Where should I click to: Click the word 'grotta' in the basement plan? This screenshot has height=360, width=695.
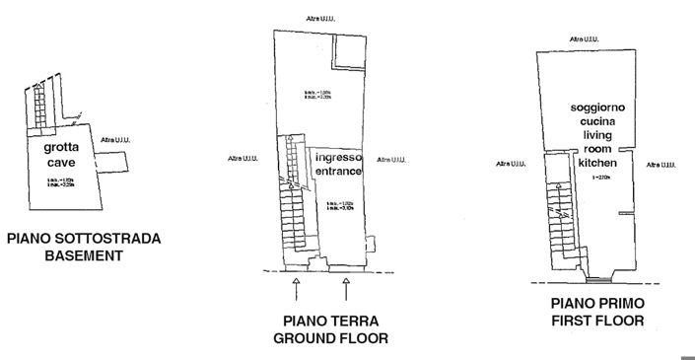(61, 149)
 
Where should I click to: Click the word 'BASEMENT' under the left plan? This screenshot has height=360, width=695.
(83, 255)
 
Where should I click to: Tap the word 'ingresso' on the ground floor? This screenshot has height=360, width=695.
(338, 158)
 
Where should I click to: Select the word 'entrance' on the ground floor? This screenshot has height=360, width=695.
(338, 172)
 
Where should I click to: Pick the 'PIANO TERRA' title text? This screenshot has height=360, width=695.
(329, 322)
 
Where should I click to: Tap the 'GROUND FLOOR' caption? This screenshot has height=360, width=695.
(329, 338)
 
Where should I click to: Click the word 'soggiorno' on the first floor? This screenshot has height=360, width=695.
(597, 107)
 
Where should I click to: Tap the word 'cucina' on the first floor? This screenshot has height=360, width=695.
(597, 120)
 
